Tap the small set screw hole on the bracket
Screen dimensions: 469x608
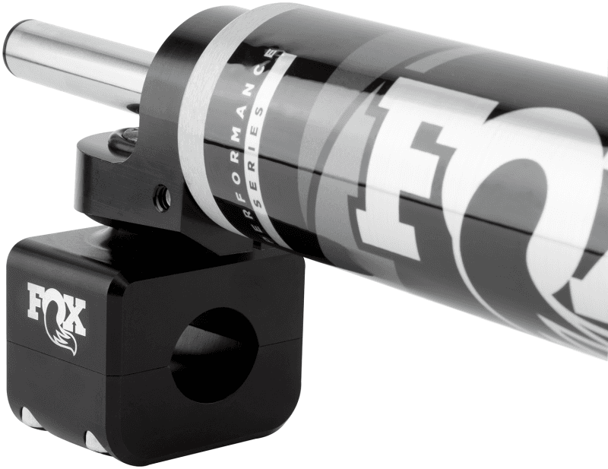click(162, 199)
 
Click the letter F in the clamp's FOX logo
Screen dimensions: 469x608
click(39, 301)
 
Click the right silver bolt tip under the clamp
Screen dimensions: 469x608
click(96, 442)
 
